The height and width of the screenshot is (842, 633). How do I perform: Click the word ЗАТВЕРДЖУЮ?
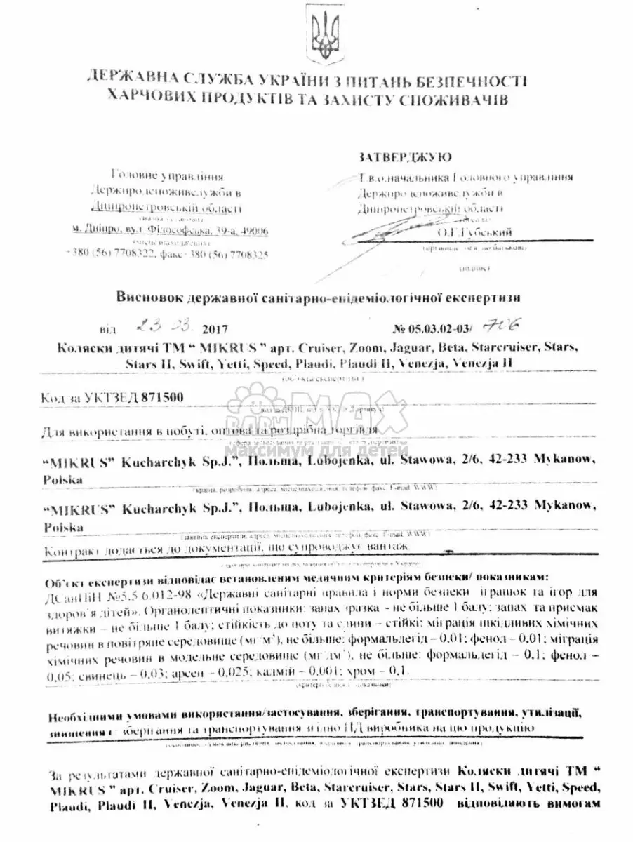click(404, 156)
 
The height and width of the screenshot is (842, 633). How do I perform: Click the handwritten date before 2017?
click(163, 327)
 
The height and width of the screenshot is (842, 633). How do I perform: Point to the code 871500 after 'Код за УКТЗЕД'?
click(162, 398)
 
